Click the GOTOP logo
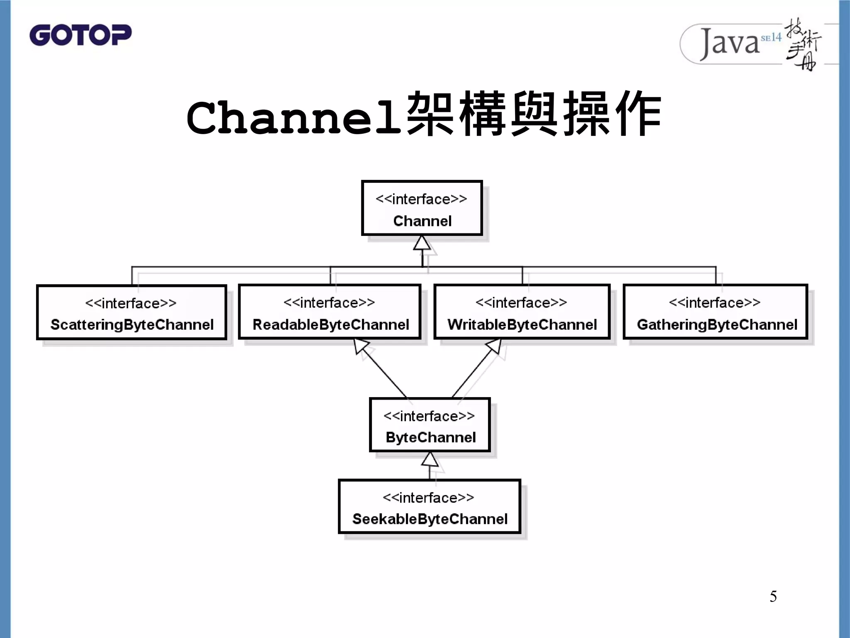point(81,35)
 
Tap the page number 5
point(773,596)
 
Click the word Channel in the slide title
point(294,118)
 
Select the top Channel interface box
point(422,208)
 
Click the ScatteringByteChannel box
point(132,312)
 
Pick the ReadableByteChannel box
point(330,312)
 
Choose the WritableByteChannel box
point(522,312)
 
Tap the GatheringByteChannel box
point(716,312)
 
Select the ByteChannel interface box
point(430,425)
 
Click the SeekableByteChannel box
point(429,506)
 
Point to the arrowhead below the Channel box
point(422,243)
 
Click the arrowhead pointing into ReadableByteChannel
point(361,346)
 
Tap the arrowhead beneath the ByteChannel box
point(430,459)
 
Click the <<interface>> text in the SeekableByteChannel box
point(428,497)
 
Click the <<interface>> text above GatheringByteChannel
point(714,302)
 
